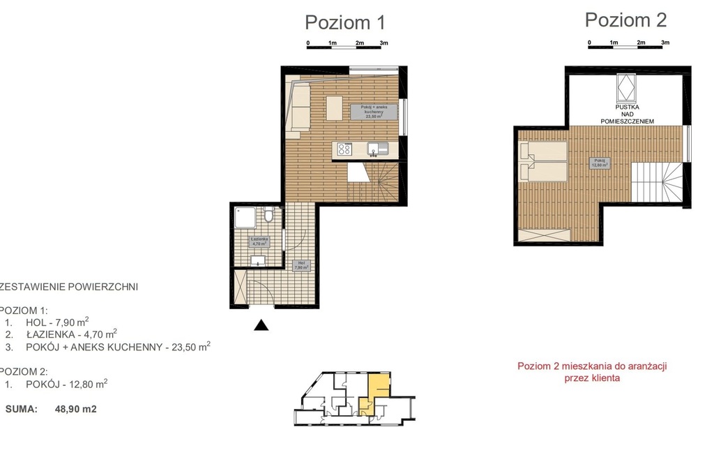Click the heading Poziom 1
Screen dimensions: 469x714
344,22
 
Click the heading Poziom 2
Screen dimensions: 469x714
625,20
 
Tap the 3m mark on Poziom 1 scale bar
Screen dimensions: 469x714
383,43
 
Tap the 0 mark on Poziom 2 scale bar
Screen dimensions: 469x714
590,43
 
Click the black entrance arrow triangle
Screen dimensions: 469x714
261,325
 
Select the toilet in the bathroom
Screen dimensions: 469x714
268,217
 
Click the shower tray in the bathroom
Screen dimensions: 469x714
247,219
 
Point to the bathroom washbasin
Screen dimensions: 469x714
257,260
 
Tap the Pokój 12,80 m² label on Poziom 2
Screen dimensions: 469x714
599,163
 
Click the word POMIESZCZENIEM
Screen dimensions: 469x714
627,121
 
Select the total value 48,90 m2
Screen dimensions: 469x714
75,410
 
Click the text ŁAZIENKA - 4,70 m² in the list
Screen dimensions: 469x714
71,334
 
